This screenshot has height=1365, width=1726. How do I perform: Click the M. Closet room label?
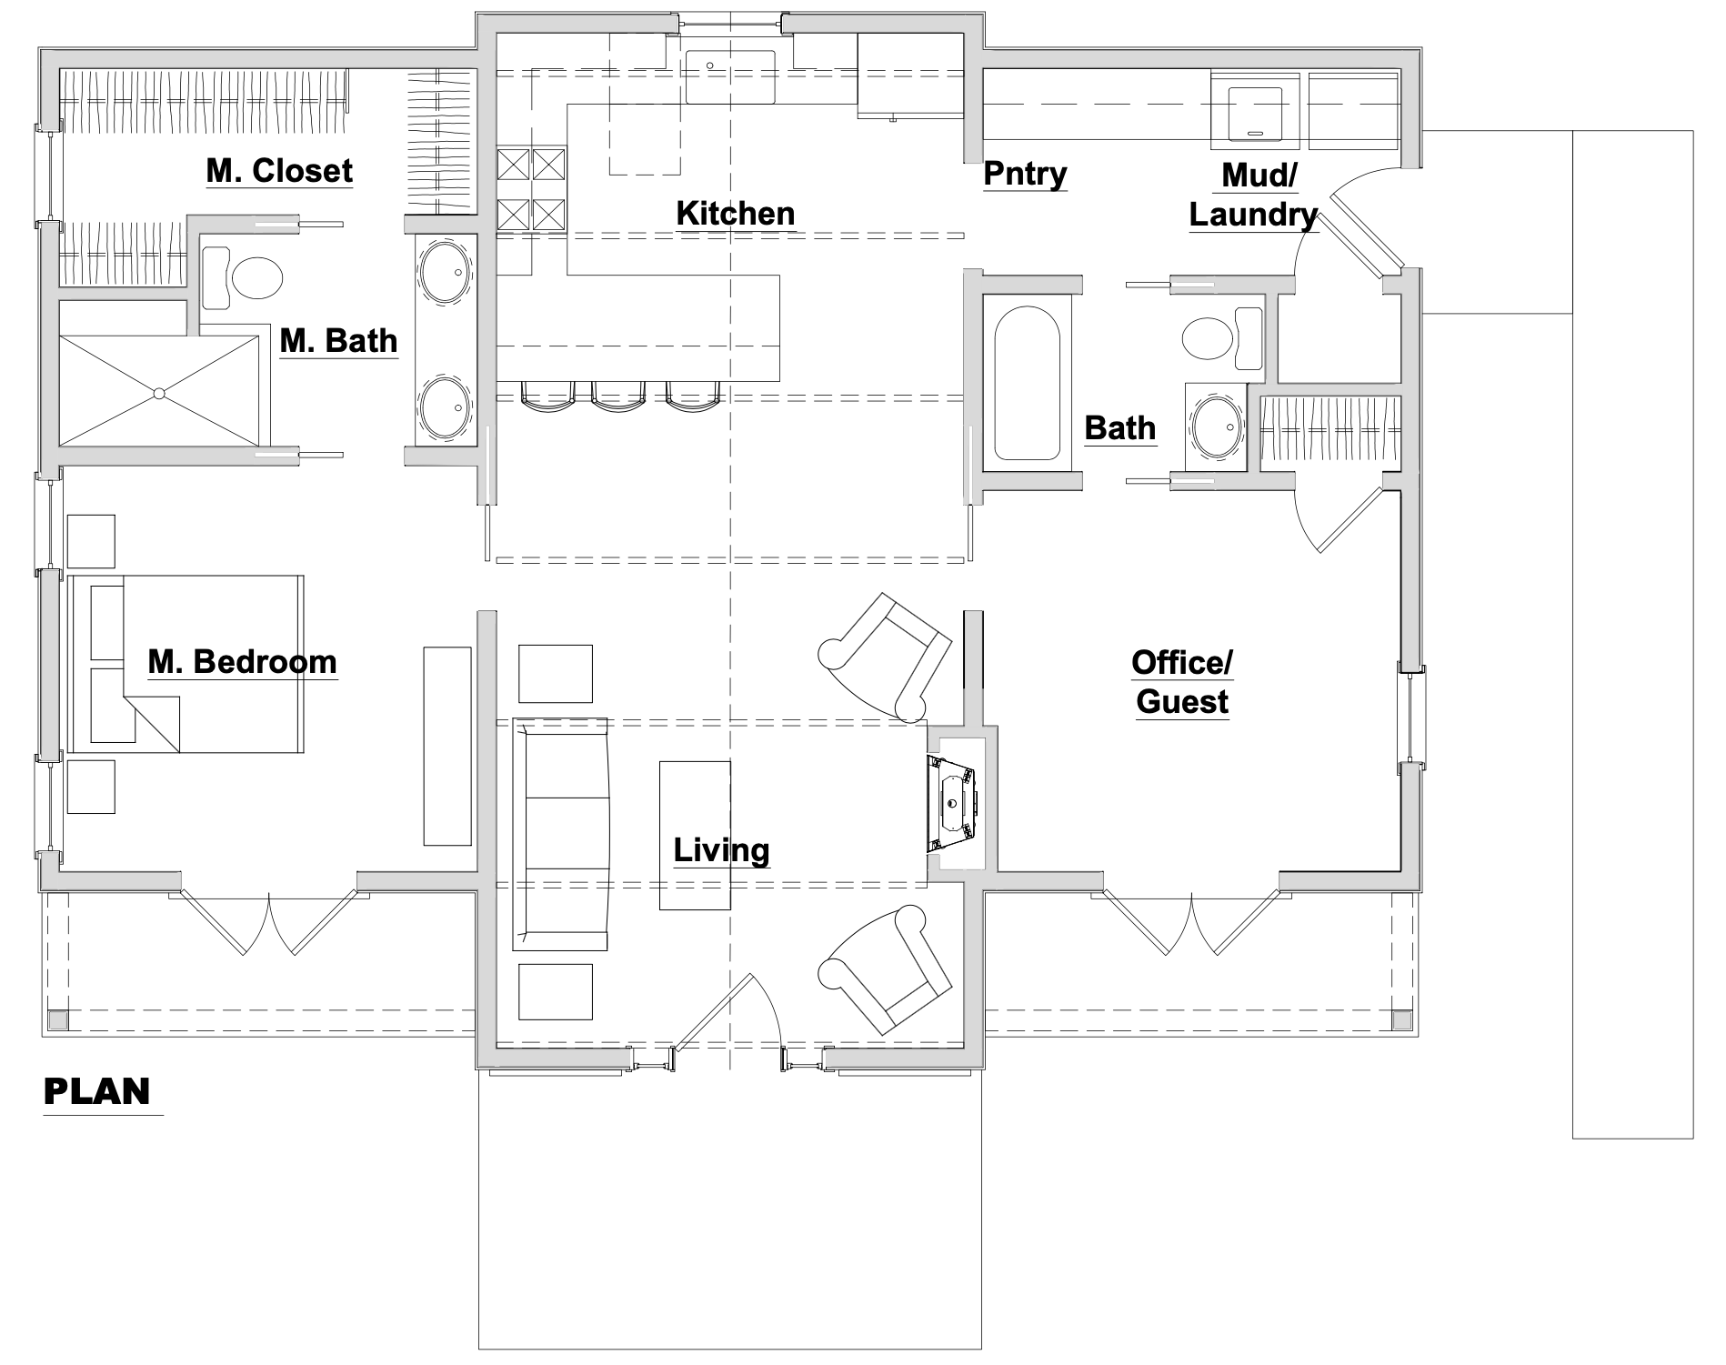tap(279, 171)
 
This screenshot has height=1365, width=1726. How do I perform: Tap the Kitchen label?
tap(736, 214)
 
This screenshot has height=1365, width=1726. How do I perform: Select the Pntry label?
tap(1025, 174)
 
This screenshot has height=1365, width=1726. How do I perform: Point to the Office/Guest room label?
tap(1182, 682)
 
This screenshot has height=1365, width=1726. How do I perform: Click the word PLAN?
tap(97, 1091)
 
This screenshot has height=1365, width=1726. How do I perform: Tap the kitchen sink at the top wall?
tap(730, 76)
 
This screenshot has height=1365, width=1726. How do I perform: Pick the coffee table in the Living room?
tap(695, 835)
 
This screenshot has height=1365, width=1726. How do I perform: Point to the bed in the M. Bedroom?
tap(186, 664)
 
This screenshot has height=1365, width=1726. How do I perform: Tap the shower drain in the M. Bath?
tap(159, 393)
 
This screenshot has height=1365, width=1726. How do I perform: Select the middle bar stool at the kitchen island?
tap(618, 393)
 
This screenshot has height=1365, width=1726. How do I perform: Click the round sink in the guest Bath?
tap(1217, 427)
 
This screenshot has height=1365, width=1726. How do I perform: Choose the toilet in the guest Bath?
tap(1221, 337)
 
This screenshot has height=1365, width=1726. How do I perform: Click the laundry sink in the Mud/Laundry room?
tap(1255, 113)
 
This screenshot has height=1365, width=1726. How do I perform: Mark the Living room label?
tap(721, 850)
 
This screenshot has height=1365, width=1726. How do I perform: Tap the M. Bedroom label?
tap(242, 662)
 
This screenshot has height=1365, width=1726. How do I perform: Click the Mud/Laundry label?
tap(1253, 196)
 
